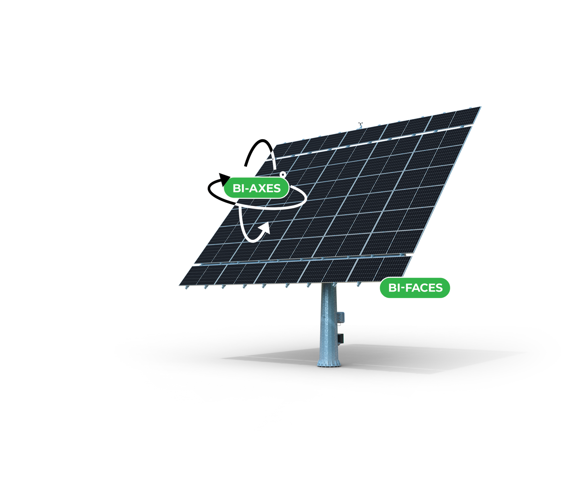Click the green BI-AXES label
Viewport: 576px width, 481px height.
tap(256, 188)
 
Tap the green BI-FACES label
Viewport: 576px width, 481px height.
tap(415, 288)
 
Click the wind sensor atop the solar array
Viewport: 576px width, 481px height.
tap(361, 124)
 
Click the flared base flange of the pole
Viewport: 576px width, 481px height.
tap(328, 363)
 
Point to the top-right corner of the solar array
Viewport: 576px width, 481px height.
tap(480, 107)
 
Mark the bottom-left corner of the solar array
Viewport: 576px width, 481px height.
tap(179, 285)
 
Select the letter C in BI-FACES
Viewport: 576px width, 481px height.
tap(421, 288)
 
